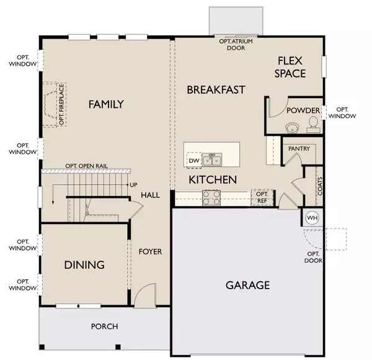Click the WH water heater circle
312,218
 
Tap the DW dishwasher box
194,160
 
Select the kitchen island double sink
212,160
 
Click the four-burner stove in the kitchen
211,198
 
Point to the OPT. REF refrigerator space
262,197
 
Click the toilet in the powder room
313,124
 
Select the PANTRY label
299,148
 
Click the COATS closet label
320,186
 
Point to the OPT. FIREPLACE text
61,104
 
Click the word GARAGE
247,285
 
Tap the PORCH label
105,326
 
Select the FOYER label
150,251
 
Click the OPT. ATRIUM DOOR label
236,45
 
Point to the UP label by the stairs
133,185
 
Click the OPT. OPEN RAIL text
86,166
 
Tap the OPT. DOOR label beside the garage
313,257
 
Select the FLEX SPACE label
290,67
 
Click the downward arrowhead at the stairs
53,202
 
